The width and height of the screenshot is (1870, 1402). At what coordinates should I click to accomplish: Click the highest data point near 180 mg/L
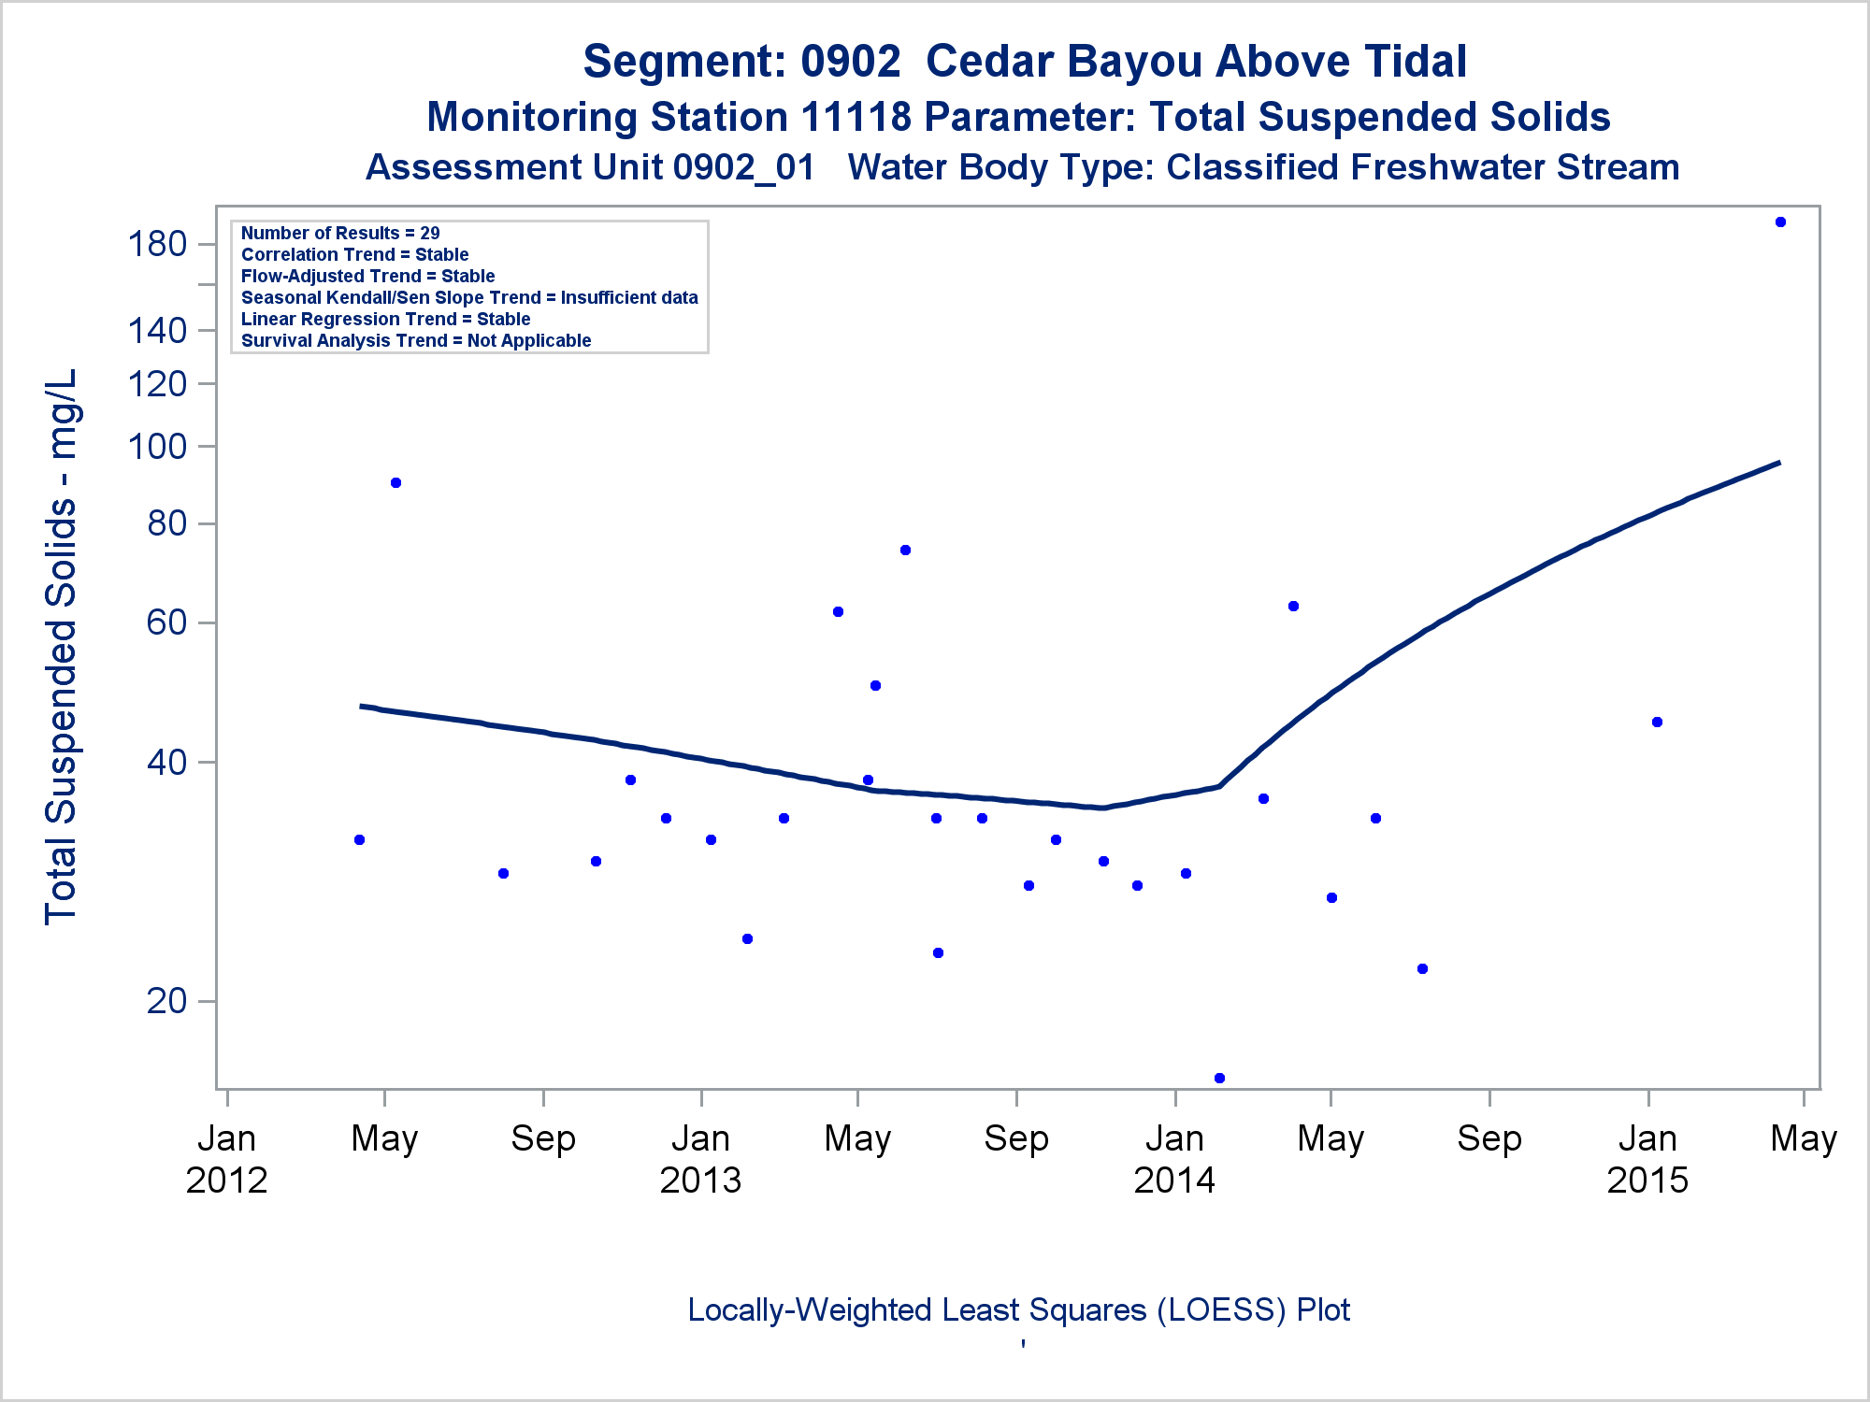[x=1780, y=222]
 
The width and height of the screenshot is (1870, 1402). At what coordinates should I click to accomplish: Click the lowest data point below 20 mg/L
[x=1219, y=1078]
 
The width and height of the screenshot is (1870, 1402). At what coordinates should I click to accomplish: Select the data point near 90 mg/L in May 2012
[x=396, y=483]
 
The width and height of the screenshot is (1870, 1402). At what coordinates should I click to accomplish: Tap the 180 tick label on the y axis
[x=157, y=244]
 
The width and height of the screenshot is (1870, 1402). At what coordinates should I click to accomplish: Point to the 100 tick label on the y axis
[x=157, y=446]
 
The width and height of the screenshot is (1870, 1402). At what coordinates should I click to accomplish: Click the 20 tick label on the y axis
[x=167, y=1001]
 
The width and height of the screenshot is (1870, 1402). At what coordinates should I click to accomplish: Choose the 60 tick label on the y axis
[x=167, y=622]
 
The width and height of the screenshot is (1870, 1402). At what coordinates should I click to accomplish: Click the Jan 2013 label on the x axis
[x=700, y=1159]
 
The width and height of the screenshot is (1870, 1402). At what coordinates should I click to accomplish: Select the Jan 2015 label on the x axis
[x=1647, y=1159]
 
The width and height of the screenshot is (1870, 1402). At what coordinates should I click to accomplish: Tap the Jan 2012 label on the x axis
[x=227, y=1159]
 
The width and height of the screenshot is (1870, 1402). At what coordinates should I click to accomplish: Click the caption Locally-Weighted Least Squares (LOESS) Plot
[x=1018, y=1309]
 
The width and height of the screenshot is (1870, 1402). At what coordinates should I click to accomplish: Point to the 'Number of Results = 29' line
[x=340, y=233]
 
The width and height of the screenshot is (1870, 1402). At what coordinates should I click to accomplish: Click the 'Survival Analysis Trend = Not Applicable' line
[x=416, y=340]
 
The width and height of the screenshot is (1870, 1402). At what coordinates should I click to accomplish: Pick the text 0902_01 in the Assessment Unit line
[x=743, y=167]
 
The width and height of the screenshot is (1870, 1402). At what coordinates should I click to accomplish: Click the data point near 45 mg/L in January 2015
[x=1657, y=722]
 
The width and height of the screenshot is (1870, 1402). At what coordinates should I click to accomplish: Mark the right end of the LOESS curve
[x=1778, y=463]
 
